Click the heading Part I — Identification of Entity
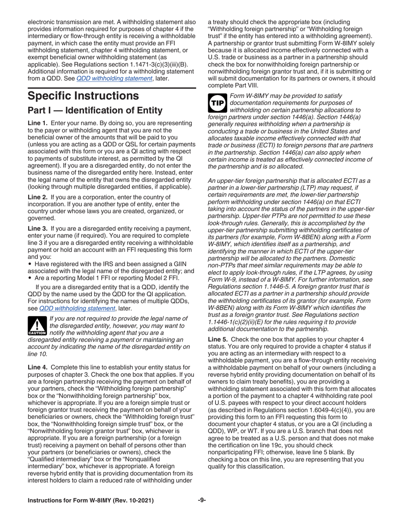pyautogui.click(x=94, y=111)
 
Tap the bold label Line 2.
pyautogui.click(x=37, y=197)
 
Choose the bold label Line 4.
pyautogui.click(x=37, y=358)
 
